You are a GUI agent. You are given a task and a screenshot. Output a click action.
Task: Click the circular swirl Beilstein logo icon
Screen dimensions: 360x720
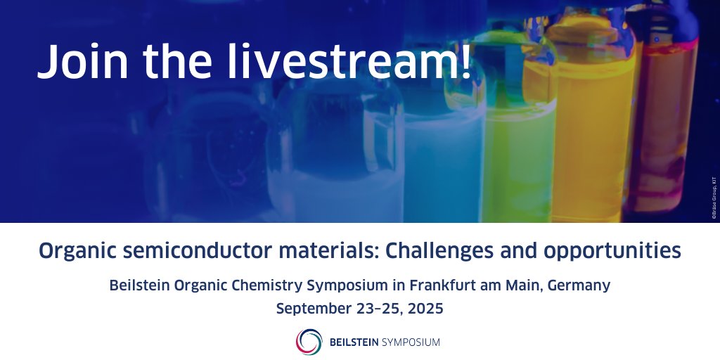click(x=309, y=342)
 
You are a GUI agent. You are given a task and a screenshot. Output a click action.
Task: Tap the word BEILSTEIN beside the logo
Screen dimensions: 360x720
click(x=354, y=342)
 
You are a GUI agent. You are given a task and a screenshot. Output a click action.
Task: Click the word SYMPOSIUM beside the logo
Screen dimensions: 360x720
click(x=411, y=342)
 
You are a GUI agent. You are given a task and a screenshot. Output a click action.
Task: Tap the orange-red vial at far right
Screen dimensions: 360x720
click(x=668, y=127)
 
